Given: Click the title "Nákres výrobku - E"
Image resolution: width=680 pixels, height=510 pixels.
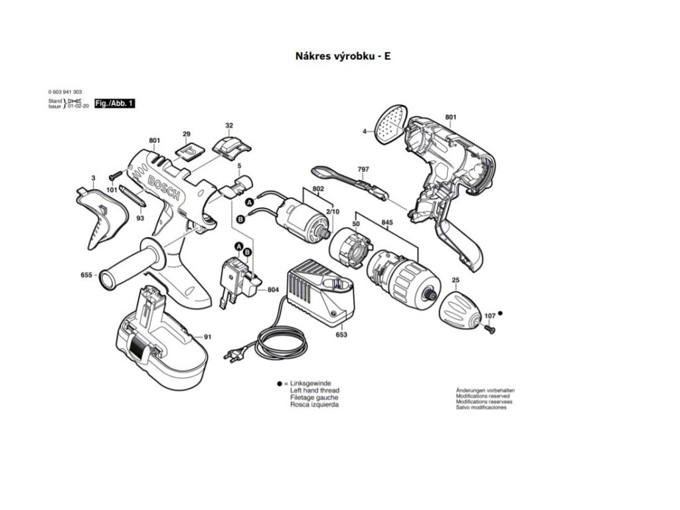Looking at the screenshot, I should click(343, 56).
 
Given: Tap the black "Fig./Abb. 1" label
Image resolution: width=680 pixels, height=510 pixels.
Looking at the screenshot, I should click(114, 104).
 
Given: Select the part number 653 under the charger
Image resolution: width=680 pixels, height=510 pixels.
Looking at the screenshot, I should click(341, 335).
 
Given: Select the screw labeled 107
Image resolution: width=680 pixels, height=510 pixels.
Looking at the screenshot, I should click(490, 328).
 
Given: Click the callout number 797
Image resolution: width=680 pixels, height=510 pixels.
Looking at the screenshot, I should click(363, 169).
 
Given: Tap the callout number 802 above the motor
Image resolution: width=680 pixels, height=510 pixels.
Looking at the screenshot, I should click(318, 189).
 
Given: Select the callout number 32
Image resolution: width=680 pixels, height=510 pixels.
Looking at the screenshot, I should click(229, 126).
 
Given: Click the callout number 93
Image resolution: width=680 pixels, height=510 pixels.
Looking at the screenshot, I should click(140, 218).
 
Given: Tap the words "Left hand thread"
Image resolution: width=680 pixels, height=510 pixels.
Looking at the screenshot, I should click(314, 390).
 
